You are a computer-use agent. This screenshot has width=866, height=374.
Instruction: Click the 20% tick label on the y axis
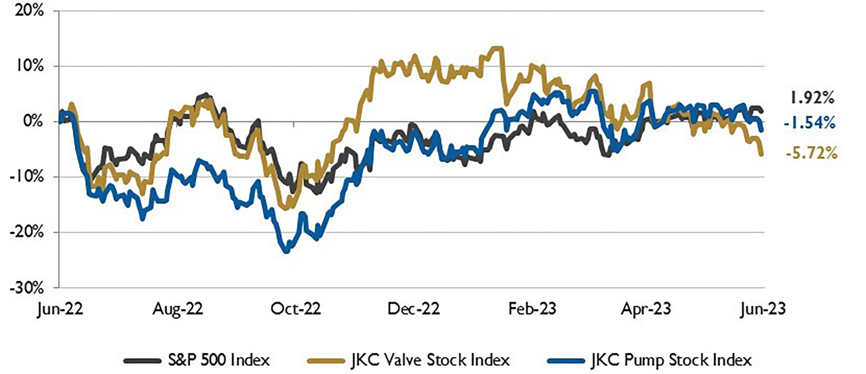29,11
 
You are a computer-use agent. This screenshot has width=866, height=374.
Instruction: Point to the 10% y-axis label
29,66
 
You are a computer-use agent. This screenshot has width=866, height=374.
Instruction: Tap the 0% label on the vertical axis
33,122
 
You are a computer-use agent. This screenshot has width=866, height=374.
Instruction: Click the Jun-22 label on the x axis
60,309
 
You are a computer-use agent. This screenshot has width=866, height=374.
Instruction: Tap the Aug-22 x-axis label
177,309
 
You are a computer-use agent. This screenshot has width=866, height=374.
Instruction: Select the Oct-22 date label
295,309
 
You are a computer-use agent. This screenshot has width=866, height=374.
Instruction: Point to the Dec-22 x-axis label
413,309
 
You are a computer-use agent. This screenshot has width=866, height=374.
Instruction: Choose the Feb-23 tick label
532,309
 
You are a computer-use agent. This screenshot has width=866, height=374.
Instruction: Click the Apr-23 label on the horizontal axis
646,309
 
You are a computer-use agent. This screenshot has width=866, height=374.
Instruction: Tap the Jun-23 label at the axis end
763,309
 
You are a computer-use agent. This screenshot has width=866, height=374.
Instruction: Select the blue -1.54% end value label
809,123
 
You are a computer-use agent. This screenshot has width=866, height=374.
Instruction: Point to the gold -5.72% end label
811,154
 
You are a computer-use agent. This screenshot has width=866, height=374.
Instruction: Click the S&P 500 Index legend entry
219,360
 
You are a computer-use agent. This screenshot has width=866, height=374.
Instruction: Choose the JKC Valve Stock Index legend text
430,360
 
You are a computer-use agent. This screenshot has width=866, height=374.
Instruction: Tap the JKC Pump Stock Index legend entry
671,360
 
